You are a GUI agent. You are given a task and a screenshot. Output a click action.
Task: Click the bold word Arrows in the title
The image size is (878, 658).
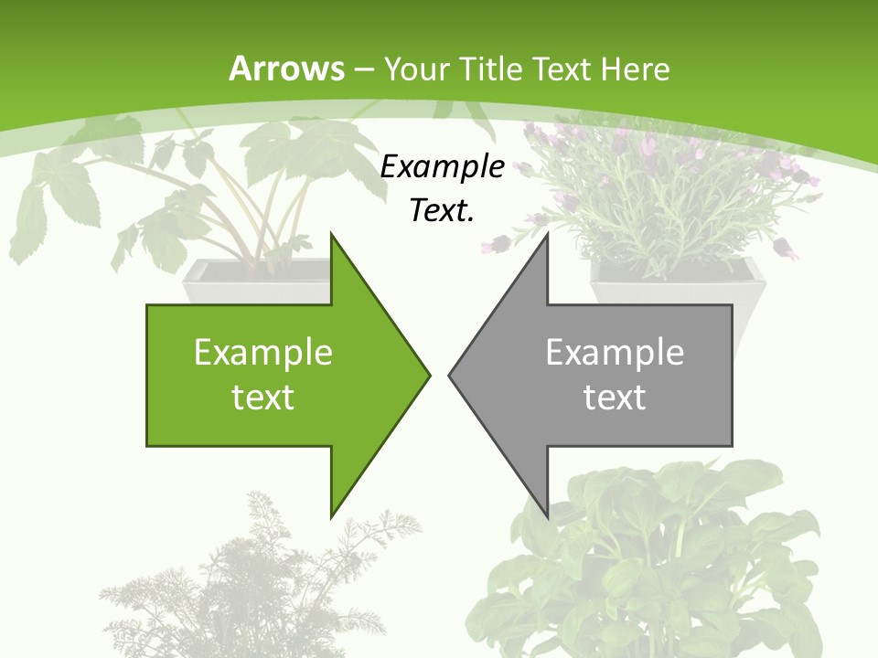point(287,69)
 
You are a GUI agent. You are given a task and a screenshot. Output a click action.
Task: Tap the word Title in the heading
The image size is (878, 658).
point(491,69)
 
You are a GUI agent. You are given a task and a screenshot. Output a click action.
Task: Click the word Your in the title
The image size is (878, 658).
point(415,69)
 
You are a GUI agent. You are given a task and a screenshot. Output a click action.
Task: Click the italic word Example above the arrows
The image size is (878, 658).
point(442,167)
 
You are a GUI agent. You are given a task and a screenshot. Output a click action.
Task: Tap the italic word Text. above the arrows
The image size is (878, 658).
point(442,210)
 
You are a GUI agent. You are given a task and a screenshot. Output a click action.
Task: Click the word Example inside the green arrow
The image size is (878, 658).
point(263,353)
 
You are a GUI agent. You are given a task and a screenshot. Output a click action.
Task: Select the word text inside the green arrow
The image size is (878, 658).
point(263,397)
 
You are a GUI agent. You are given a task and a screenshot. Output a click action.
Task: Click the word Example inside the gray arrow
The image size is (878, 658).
point(615,353)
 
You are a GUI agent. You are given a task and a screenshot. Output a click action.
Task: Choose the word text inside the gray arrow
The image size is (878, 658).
point(615,397)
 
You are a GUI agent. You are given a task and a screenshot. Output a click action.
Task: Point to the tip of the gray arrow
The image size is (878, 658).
point(450,374)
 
